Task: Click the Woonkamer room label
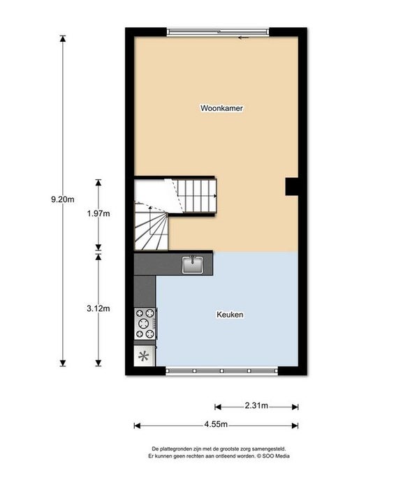[221, 109]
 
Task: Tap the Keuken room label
[229, 315]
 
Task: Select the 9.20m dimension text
[62, 200]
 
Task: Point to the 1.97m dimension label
[98, 214]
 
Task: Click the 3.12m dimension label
[98, 308]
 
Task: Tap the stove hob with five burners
[145, 323]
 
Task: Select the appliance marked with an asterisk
[145, 356]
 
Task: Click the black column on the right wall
[292, 186]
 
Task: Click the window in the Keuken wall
[223, 370]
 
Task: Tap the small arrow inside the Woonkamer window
[243, 37]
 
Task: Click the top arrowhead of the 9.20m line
[63, 39]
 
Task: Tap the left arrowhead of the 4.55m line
[138, 424]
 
